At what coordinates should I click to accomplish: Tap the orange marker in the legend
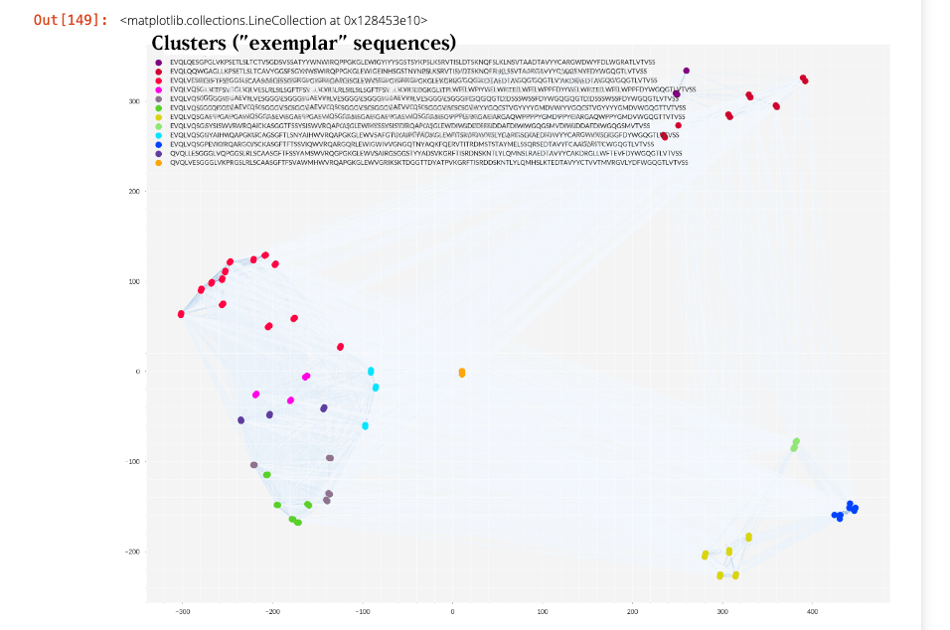[x=157, y=162]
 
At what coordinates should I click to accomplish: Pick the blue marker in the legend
[x=157, y=144]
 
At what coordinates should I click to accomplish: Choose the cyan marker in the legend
[x=157, y=135]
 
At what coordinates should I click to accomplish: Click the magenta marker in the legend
[x=157, y=89]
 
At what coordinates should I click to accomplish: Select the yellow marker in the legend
[x=157, y=117]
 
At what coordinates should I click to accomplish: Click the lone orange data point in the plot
[x=462, y=373]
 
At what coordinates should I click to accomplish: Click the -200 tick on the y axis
[x=129, y=551]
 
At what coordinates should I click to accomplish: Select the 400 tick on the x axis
[x=811, y=611]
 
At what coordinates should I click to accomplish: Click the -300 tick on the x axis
[x=182, y=611]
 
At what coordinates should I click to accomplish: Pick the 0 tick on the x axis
[x=452, y=611]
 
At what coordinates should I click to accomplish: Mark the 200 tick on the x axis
[x=632, y=611]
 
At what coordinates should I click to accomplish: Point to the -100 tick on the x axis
[x=362, y=611]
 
